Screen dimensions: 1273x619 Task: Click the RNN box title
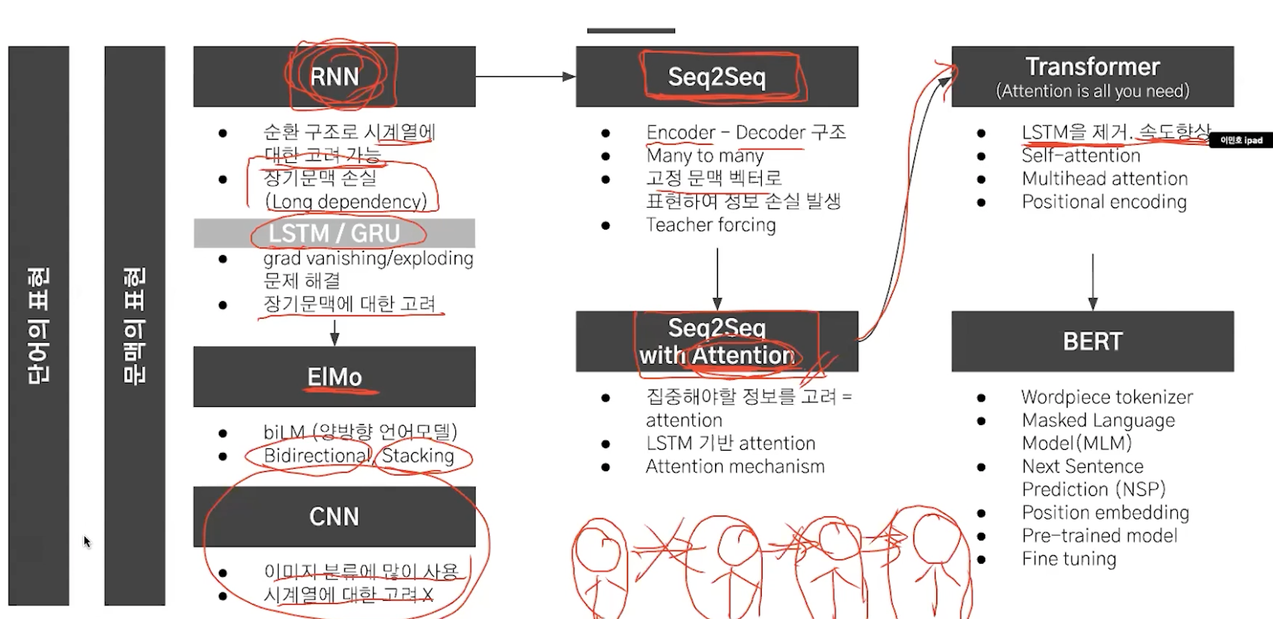[x=334, y=76]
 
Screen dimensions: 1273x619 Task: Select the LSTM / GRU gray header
[x=334, y=233]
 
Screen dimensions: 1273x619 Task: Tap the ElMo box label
[x=334, y=377]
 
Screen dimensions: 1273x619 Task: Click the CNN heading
[x=334, y=516]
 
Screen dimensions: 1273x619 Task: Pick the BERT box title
[x=1093, y=341]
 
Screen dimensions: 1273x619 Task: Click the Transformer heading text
[x=1093, y=66]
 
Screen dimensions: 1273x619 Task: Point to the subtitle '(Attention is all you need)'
[x=1093, y=91]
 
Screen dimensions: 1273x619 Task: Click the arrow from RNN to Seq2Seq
[x=526, y=76]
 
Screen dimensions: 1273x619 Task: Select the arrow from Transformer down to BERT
[x=1093, y=282]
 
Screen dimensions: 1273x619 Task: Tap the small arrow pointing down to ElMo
[x=334, y=332]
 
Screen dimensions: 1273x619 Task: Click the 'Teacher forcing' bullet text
[x=710, y=225]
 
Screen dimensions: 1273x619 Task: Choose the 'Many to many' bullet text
[x=704, y=156]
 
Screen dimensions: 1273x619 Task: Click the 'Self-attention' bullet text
[x=1080, y=156]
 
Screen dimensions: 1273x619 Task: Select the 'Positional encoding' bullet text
[x=1104, y=202]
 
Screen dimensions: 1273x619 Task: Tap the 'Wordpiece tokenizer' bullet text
[x=1107, y=397]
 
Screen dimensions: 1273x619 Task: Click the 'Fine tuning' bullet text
[x=1068, y=559]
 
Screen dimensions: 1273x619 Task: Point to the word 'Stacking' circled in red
[x=418, y=455]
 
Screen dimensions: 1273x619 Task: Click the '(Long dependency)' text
[x=346, y=202]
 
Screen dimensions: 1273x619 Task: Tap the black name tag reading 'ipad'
[x=1241, y=140]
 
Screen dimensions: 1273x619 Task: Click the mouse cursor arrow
[x=87, y=541]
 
